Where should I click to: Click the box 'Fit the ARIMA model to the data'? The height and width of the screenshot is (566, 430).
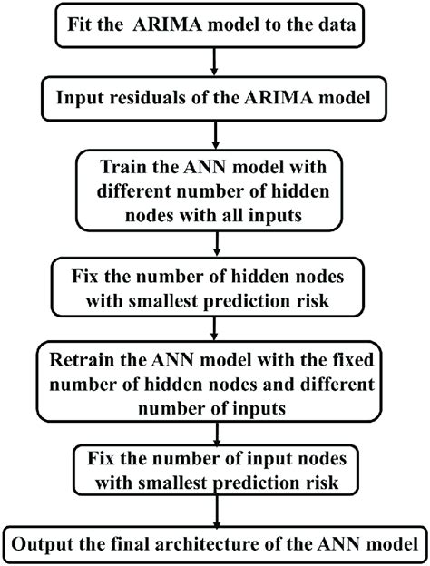tap(214, 24)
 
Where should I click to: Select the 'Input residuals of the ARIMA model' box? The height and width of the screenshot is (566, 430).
tap(214, 98)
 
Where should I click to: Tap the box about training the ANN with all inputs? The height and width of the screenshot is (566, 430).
tap(214, 193)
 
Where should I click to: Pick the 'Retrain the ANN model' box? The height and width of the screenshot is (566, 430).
tap(214, 381)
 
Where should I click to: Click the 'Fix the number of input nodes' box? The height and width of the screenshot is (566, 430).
tap(214, 472)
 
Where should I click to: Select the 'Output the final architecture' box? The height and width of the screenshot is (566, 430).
tap(214, 544)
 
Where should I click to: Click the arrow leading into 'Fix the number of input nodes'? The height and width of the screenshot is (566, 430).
tap(214, 431)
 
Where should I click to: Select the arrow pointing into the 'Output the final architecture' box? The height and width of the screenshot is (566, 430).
tap(214, 511)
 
